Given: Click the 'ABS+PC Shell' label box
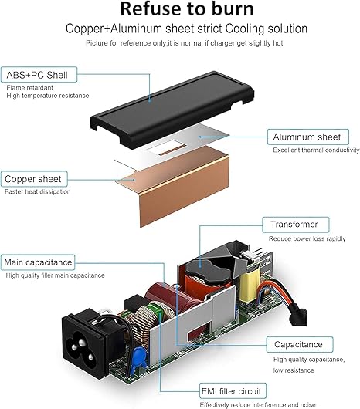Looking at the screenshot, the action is [x=39, y=75].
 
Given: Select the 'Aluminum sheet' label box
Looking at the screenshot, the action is [x=308, y=137].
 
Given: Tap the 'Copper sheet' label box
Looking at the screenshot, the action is [x=34, y=179].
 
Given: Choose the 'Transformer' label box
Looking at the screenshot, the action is [x=296, y=225].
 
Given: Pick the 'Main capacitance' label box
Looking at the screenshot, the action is [x=38, y=262].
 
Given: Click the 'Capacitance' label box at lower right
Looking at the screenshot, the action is [x=300, y=344].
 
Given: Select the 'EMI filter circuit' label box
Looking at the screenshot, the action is [x=233, y=390].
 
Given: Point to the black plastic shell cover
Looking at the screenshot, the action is [x=172, y=109].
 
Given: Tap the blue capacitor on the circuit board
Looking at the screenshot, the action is [x=139, y=357].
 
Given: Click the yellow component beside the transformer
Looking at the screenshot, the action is [x=250, y=282].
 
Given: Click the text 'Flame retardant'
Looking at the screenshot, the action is [x=30, y=88].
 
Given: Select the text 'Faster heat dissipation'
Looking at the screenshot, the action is [x=38, y=191].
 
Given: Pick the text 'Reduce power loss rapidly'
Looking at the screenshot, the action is [x=307, y=238].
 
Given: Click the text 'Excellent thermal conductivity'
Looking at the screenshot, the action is [x=316, y=150].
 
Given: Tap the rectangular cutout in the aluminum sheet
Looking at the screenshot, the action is [x=167, y=148].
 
